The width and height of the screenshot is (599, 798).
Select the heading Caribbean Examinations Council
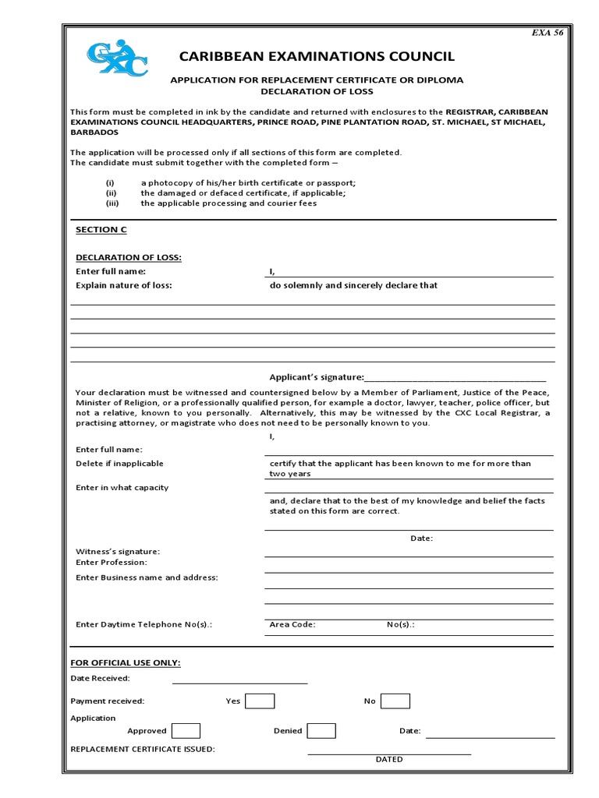(x=317, y=56)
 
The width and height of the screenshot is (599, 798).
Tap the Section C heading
(x=101, y=230)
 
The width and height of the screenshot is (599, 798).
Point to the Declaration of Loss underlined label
(x=128, y=257)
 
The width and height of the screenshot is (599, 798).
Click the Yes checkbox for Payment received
(x=260, y=701)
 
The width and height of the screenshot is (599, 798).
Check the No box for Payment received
(x=395, y=701)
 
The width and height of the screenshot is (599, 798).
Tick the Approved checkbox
(x=186, y=730)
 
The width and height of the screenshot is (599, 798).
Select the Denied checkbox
(x=321, y=730)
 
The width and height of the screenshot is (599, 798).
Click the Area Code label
(x=292, y=624)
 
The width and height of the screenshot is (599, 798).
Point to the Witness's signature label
(x=118, y=551)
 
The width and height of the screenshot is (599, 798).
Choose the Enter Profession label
(x=112, y=562)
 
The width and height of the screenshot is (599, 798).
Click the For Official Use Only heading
(x=126, y=662)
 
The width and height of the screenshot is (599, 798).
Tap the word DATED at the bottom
(x=389, y=759)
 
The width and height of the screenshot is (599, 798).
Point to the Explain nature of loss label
(x=123, y=285)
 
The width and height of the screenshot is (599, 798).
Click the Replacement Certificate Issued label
(x=143, y=749)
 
